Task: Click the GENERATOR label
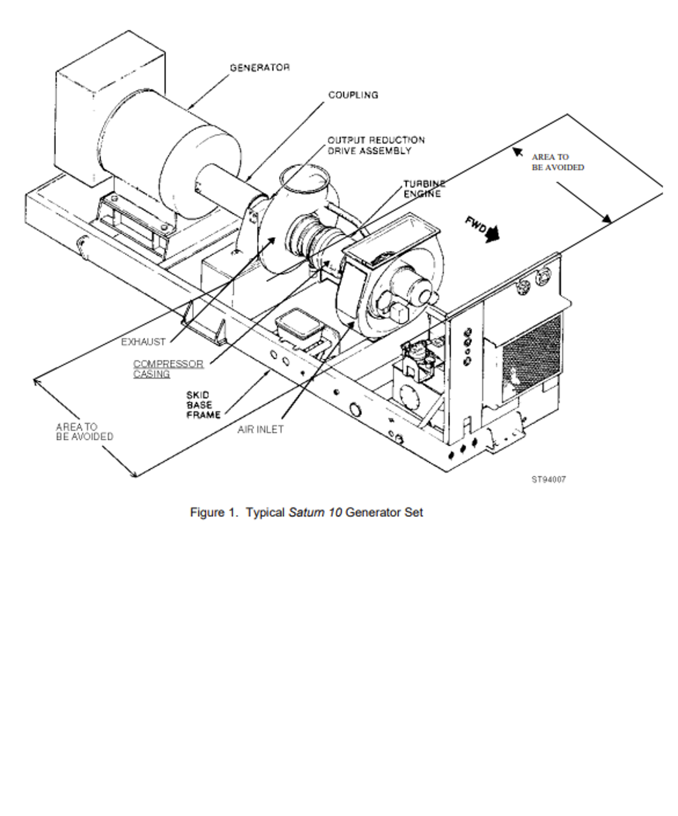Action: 260,68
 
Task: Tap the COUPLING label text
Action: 353,95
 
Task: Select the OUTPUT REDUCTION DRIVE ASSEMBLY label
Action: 376,146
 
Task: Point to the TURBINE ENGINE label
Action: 424,188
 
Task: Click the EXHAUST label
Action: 143,342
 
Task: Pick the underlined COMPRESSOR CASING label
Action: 168,369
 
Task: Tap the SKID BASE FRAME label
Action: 203,405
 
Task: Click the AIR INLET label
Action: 260,429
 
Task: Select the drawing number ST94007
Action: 549,480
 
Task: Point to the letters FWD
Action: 476,226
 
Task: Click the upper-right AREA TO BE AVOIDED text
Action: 558,162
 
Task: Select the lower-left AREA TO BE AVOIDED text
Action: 85,432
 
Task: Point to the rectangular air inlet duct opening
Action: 391,237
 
